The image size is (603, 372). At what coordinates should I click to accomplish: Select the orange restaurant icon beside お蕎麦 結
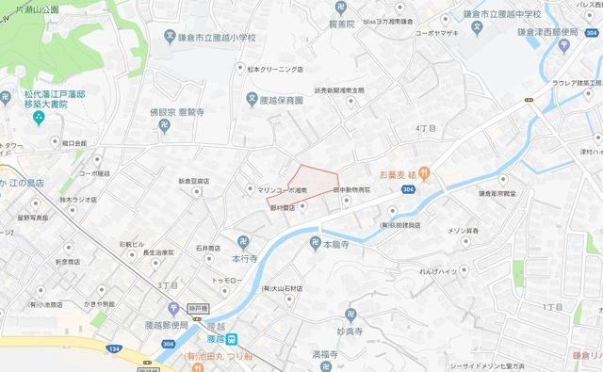pos(425,172)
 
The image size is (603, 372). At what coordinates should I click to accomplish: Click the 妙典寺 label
pos(350,331)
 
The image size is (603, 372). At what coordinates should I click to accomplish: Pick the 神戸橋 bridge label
pos(194,306)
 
